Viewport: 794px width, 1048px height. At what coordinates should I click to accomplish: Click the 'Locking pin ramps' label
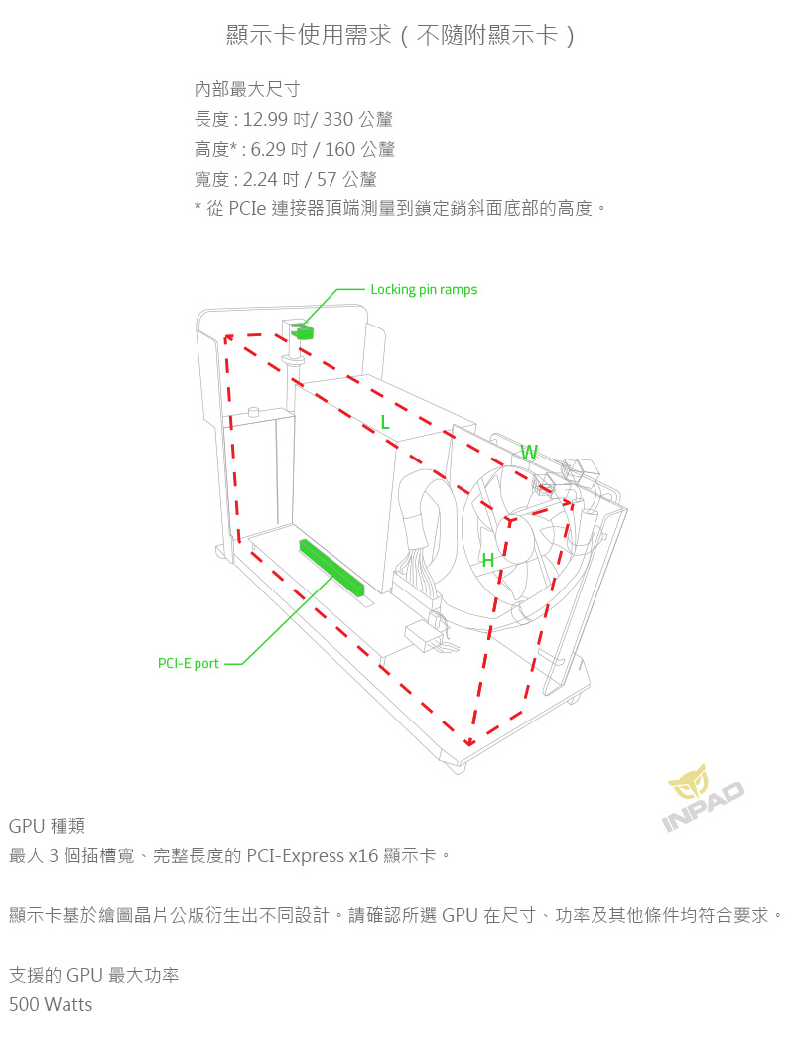tap(424, 290)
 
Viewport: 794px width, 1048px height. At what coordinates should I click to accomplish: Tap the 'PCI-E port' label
tap(189, 663)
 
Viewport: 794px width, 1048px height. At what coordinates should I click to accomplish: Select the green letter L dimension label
tap(385, 423)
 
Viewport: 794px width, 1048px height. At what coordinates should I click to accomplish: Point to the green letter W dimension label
tap(529, 453)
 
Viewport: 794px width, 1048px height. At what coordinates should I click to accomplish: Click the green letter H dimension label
tap(487, 561)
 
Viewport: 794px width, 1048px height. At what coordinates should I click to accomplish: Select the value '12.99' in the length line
tap(264, 120)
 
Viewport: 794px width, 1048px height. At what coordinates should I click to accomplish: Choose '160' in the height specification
tap(341, 150)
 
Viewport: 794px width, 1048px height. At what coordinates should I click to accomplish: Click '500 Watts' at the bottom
tap(51, 1005)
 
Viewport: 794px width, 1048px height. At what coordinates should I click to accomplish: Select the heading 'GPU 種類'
tap(47, 826)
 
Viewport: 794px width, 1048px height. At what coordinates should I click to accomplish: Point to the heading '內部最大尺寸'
tap(247, 90)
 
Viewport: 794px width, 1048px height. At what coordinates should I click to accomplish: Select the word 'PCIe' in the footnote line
tap(248, 209)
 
